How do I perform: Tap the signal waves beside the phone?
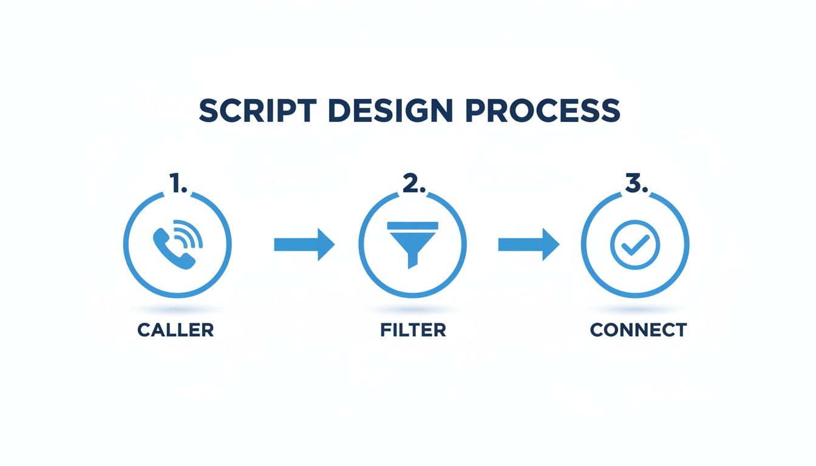[190, 235]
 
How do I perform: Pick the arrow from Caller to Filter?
[304, 245]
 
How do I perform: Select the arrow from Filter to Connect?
[528, 245]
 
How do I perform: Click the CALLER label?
[175, 330]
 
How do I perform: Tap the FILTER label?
[413, 330]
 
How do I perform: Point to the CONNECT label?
[638, 330]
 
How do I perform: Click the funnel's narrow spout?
[413, 259]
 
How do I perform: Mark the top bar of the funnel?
[413, 226]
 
